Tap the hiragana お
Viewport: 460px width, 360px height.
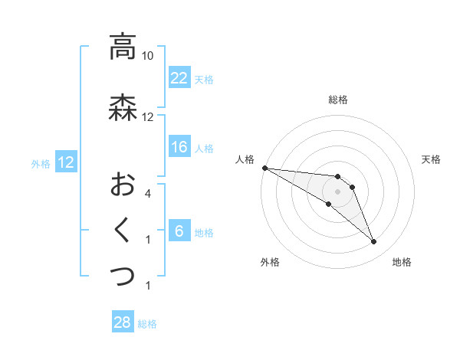coord(123,184)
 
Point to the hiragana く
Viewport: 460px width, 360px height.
coord(123,229)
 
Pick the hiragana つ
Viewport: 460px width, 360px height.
coord(123,275)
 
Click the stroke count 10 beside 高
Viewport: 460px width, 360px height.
coord(148,56)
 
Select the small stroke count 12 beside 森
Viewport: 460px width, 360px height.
coord(148,117)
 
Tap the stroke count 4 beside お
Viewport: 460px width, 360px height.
coord(148,194)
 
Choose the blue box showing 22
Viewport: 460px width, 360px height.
coord(179,77)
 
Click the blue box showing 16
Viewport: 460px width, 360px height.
coord(179,147)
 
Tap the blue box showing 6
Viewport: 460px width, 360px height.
coord(179,231)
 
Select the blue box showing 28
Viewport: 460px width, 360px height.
coord(123,322)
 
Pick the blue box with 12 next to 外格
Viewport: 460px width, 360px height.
coord(65,162)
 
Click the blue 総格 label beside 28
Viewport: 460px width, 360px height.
coord(147,324)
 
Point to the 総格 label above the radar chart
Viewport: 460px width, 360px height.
coord(338,100)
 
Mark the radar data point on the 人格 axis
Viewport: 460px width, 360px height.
coord(264,167)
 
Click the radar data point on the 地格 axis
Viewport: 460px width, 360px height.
coord(374,242)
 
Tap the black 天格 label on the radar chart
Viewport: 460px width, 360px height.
coord(432,159)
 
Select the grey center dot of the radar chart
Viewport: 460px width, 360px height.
coord(338,191)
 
